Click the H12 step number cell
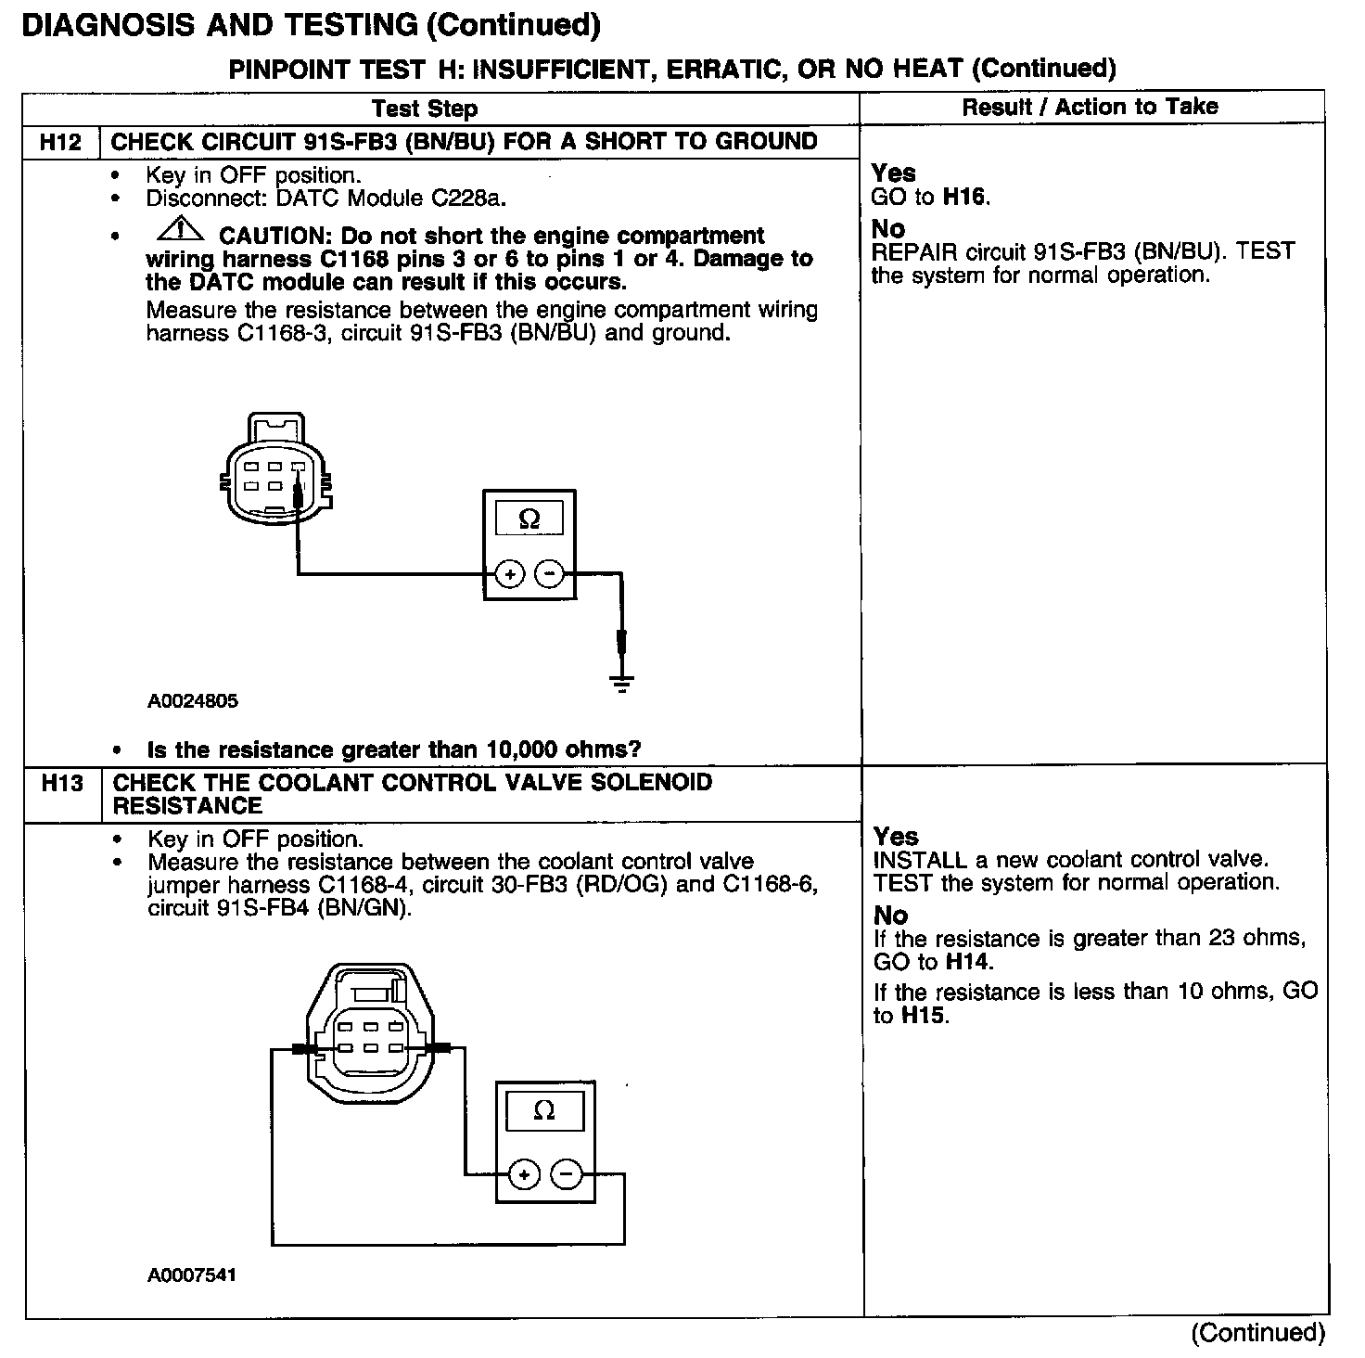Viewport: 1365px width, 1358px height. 60,142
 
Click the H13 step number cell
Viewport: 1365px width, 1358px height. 62,784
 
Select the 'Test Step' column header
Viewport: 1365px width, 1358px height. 425,109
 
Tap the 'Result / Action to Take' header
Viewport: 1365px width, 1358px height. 1090,107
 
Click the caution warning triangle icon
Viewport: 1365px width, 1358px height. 183,228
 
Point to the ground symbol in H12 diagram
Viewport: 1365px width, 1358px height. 621,685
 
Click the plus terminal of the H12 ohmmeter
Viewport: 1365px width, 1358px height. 510,575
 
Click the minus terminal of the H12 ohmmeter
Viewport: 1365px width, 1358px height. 550,575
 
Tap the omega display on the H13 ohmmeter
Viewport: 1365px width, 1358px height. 544,1110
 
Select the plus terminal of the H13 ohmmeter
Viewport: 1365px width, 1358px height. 524,1175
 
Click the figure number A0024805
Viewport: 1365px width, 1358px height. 193,701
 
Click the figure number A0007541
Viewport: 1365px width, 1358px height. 192,1275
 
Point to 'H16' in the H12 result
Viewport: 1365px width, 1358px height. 965,197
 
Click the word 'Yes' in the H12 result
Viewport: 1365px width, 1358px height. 894,173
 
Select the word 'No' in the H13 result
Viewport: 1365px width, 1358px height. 890,916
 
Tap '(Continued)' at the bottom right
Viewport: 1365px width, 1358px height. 1258,1332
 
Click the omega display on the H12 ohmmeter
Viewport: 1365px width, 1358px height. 529,519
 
